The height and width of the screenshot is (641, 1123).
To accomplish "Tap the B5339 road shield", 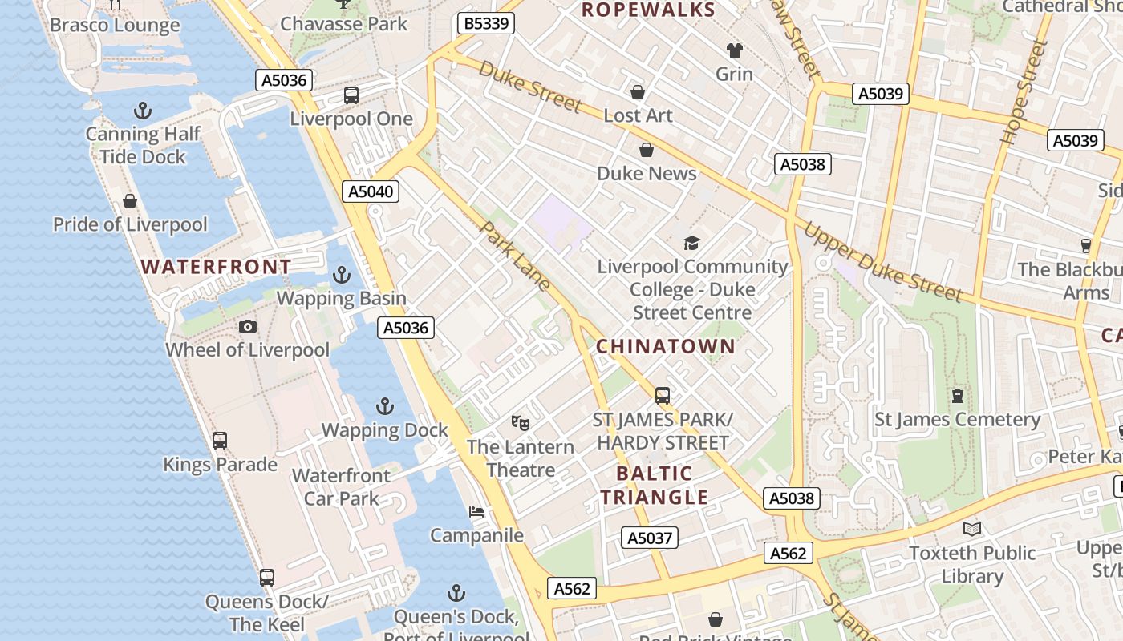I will (486, 23).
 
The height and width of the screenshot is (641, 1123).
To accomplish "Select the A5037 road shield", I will (650, 538).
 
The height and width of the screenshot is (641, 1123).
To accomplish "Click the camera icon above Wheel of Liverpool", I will (248, 326).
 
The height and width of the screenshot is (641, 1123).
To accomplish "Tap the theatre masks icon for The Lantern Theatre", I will (521, 422).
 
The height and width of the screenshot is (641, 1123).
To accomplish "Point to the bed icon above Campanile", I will (476, 511).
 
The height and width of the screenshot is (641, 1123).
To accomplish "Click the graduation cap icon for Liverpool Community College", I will (691, 243).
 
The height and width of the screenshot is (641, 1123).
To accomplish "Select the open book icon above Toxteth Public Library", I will (972, 529).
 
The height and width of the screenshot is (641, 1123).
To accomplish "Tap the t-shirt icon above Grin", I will (734, 50).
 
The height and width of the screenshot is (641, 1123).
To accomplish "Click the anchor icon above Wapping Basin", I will (342, 275).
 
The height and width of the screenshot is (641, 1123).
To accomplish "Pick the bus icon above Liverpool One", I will (351, 95).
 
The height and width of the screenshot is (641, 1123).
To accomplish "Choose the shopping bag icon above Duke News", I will (647, 150).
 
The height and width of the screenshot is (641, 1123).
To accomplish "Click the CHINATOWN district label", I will (665, 346).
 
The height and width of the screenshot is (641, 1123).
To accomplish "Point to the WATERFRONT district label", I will (217, 267).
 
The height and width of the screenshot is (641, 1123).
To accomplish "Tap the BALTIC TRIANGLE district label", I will (654, 485).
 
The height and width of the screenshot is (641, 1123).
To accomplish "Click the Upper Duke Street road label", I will (882, 261).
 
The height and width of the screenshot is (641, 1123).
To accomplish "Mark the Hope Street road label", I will (1024, 94).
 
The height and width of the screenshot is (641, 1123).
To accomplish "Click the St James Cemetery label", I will (957, 419).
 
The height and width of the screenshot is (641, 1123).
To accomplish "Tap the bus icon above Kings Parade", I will (220, 440).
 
